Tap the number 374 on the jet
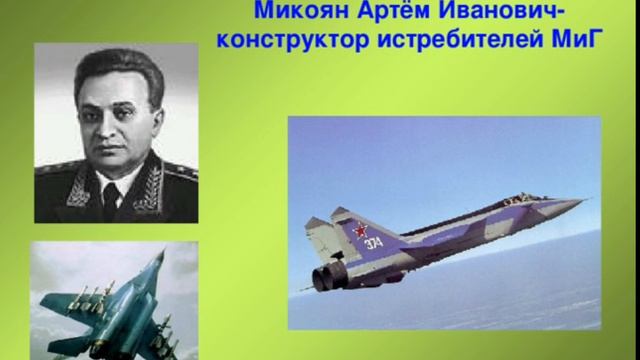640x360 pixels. [x=372, y=243]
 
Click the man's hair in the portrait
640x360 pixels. [x=115, y=65]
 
